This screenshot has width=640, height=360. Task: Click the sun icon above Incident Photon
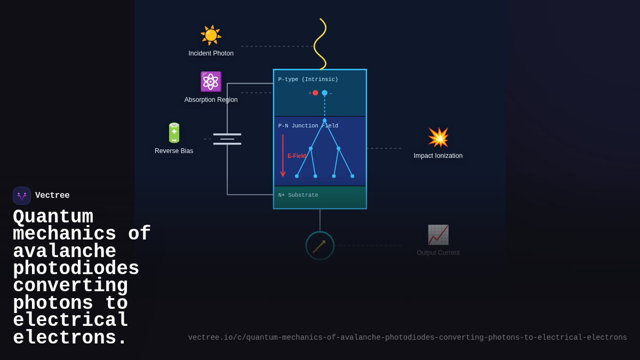tap(211, 35)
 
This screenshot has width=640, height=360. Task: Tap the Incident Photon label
tap(211, 53)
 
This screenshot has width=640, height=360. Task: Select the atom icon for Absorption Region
tap(211, 82)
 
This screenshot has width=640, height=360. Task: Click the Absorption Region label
tap(211, 100)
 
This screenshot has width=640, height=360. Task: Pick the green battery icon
tap(174, 133)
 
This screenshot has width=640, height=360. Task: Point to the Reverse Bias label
tap(174, 151)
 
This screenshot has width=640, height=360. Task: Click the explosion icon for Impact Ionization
tap(438, 138)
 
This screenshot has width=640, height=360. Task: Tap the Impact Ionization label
tap(438, 156)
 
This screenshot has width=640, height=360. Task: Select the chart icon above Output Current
tap(438, 235)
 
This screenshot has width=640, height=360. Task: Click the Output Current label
tap(438, 253)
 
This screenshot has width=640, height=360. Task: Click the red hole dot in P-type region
tap(315, 93)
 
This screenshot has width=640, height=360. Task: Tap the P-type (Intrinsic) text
tap(308, 79)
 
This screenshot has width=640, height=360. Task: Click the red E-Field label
tap(297, 156)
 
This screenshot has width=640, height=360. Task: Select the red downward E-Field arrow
tap(283, 155)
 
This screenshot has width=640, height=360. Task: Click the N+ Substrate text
tap(298, 195)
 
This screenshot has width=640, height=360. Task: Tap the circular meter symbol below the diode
tap(320, 246)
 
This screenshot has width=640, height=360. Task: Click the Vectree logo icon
tap(22, 196)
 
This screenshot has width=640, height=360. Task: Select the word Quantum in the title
tap(53, 217)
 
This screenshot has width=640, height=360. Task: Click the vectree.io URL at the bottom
tap(407, 338)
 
